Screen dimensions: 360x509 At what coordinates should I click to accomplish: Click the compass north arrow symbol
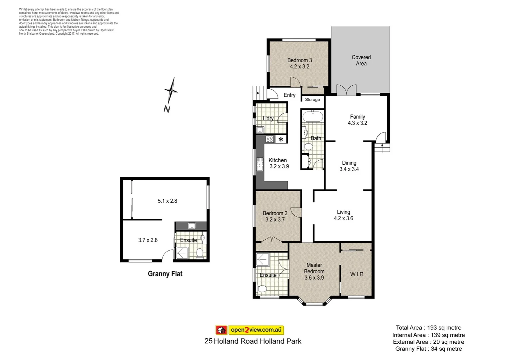click(171, 91)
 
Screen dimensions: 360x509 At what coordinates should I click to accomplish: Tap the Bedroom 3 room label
click(299, 60)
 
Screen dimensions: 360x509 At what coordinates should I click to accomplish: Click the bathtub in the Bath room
click(312, 116)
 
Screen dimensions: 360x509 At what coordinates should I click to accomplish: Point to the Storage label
click(312, 100)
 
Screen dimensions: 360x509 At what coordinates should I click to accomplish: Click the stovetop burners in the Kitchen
click(270, 139)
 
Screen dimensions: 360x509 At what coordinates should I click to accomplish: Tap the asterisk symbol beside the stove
click(281, 139)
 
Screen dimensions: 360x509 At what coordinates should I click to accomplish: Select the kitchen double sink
click(260, 164)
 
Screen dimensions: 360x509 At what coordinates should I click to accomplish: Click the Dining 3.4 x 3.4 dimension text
click(349, 169)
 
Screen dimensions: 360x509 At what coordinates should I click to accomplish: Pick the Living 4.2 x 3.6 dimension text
click(343, 218)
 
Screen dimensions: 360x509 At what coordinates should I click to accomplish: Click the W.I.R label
click(357, 274)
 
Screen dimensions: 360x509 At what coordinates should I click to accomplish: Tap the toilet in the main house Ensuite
click(262, 288)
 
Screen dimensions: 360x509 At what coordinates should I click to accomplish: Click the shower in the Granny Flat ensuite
click(182, 253)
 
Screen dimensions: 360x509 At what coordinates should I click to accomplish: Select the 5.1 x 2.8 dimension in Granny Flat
click(167, 201)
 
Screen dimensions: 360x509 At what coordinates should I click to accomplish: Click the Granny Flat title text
click(165, 274)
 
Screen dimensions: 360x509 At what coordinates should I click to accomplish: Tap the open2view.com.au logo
click(250, 330)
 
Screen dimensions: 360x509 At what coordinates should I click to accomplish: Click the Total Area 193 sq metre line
click(428, 328)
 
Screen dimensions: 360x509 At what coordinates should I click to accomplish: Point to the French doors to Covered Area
click(346, 90)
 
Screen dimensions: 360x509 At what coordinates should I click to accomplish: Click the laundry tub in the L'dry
click(260, 130)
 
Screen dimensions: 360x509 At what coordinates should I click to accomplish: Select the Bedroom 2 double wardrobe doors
click(272, 239)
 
